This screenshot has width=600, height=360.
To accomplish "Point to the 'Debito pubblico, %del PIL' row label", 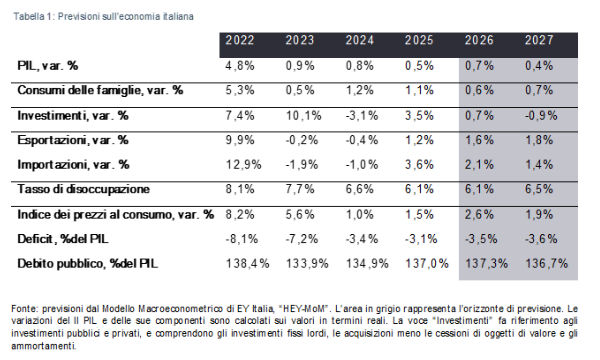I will (x=89, y=262).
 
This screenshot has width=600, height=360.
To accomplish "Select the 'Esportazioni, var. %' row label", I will (x=74, y=140).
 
